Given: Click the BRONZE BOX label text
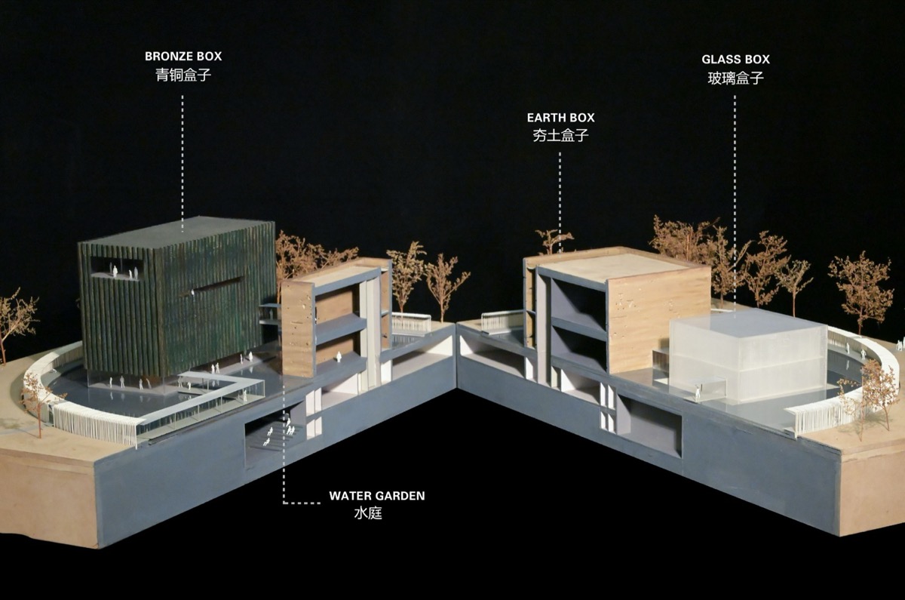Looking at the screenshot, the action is click(x=183, y=56).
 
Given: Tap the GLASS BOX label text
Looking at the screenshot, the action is click(x=736, y=60).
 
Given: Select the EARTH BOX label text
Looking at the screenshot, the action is click(x=561, y=118).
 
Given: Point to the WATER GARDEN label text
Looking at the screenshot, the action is click(x=377, y=496).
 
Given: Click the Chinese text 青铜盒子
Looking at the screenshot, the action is click(x=183, y=75).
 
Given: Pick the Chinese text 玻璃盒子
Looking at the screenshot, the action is click(x=736, y=78).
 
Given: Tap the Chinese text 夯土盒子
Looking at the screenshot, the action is click(x=561, y=135).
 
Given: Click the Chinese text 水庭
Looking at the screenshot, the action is click(x=368, y=513).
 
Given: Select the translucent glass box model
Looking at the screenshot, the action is click(x=747, y=355).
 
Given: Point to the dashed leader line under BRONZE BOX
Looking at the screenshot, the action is click(x=183, y=163).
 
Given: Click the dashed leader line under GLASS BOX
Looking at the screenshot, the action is click(x=735, y=202).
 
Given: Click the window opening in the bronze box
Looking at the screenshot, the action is click(x=117, y=268).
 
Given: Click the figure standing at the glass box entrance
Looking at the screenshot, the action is click(x=698, y=392).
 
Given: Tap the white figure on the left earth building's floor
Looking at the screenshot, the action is click(x=339, y=356).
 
